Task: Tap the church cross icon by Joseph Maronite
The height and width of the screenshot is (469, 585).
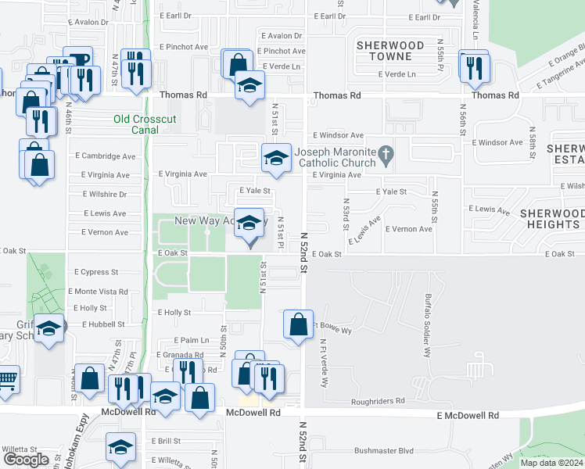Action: coord(385,156)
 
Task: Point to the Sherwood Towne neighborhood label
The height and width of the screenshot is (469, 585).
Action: coord(390,51)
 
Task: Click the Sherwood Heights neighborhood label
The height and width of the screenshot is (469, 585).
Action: coord(551,219)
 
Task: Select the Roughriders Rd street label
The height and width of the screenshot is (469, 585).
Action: coord(379,401)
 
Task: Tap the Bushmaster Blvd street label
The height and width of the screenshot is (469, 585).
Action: coord(383,450)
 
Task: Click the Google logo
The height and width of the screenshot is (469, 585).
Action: coord(27,460)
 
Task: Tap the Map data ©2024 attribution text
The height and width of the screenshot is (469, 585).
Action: coord(551,463)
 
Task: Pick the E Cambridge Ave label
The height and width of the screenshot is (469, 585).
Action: coord(106,156)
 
